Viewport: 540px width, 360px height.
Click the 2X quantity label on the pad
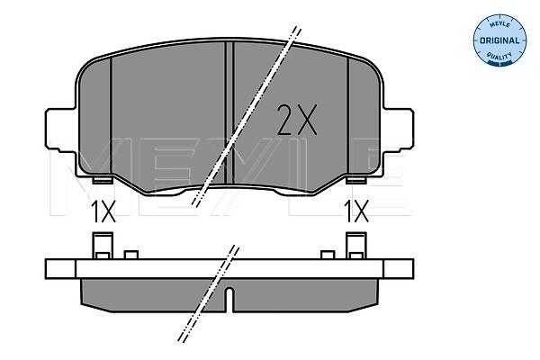(x=297, y=120)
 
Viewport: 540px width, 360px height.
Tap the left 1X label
(x=103, y=211)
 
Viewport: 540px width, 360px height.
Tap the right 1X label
(x=356, y=211)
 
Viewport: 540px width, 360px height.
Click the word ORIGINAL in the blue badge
(x=499, y=40)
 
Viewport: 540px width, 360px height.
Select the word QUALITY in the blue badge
(x=499, y=55)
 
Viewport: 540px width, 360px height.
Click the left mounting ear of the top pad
(x=60, y=130)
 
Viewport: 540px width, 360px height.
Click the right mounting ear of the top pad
(x=399, y=130)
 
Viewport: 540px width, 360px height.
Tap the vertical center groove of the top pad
(x=229, y=113)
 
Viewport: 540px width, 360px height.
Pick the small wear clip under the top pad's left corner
(x=103, y=180)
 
